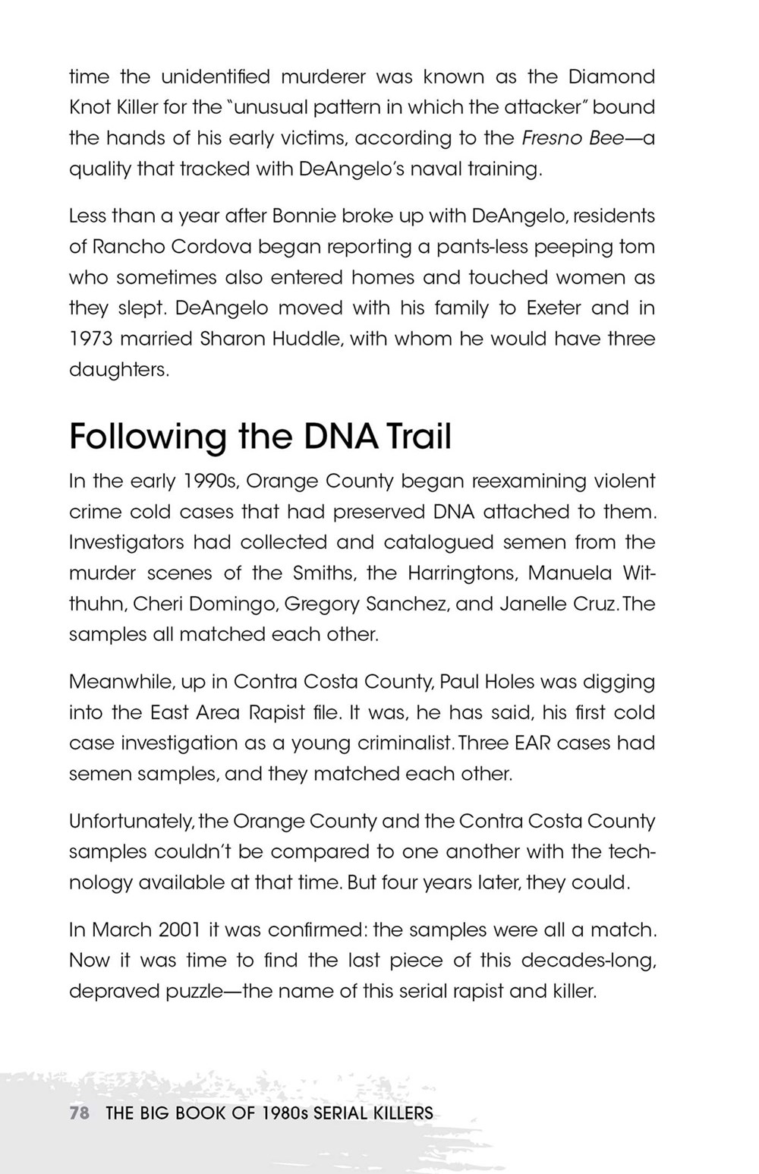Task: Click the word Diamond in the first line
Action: coord(611,77)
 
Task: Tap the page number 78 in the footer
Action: coord(80,1113)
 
